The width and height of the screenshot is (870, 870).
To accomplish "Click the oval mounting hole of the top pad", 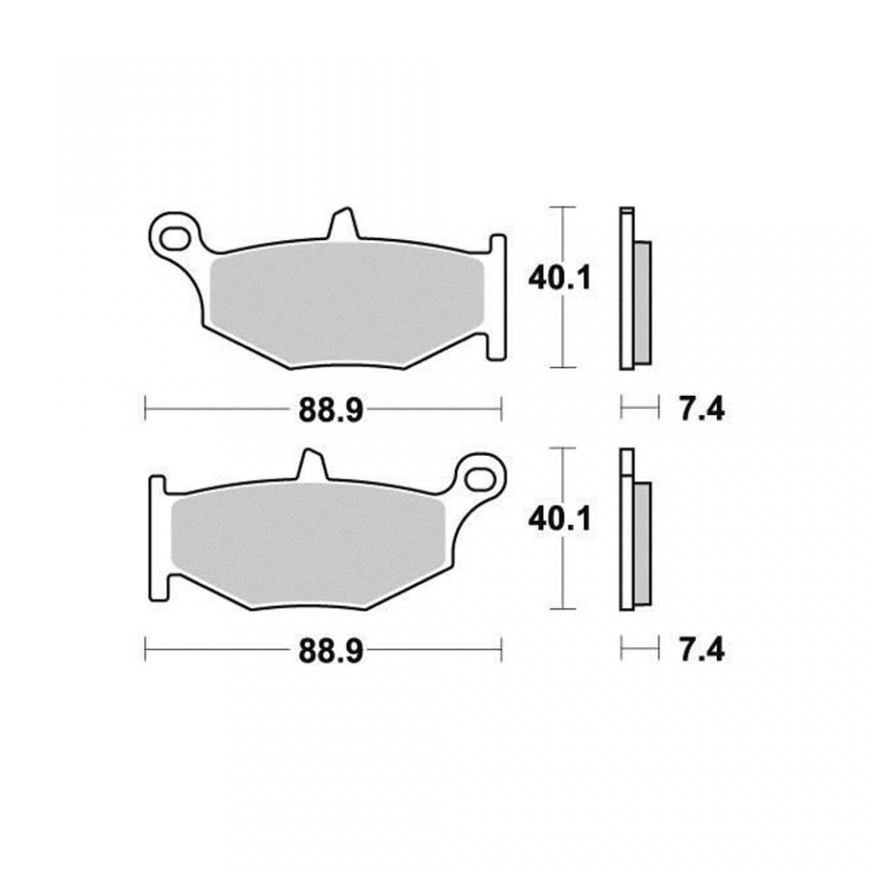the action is click(173, 238).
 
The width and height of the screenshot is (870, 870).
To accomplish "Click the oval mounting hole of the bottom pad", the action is click(478, 478).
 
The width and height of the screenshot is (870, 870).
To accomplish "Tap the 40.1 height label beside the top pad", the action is click(560, 278).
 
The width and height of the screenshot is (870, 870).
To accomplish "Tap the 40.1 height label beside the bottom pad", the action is click(560, 519).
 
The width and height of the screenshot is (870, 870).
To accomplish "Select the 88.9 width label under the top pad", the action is click(331, 411).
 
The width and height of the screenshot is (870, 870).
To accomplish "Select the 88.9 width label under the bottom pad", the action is click(331, 651).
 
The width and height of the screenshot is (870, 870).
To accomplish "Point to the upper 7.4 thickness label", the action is click(701, 411).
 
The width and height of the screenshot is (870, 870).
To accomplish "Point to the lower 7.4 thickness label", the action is click(701, 651).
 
